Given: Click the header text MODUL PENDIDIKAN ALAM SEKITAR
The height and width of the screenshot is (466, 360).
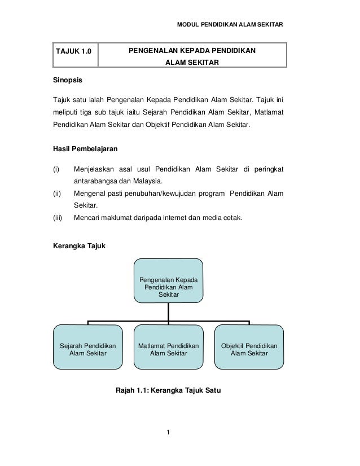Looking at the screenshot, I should coord(230,25).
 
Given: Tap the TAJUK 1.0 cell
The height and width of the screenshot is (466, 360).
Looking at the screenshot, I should coord(72,53).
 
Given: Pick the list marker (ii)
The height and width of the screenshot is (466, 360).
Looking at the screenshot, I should coord(56,194).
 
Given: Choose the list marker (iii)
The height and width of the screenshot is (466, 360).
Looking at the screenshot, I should coord(58,219).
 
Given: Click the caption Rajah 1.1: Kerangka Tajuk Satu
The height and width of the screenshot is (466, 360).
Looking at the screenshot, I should coord(168,389).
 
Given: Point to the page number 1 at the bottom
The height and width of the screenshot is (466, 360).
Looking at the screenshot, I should coord(169,433).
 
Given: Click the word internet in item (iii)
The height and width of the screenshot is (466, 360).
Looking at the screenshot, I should coord(164,219).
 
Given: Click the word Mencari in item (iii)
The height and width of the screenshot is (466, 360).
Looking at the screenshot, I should coord(87,219).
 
